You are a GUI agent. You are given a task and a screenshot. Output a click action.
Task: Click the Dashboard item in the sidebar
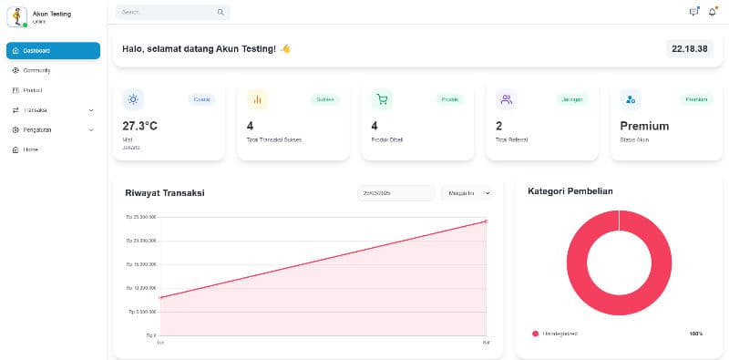53,51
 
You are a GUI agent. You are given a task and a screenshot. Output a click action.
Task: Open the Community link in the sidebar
36,70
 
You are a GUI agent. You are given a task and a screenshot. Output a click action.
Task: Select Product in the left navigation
33,90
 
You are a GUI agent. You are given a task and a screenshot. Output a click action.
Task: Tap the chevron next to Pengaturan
90,130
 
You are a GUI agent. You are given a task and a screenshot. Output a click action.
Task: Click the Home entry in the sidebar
30,149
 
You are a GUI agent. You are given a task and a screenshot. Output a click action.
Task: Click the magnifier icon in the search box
220,13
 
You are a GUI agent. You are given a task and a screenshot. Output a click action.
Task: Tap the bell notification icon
713,12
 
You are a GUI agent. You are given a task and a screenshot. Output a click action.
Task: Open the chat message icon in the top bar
694,12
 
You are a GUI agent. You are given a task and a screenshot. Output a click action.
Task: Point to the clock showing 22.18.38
689,48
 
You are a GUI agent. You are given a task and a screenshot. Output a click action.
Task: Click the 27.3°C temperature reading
139,126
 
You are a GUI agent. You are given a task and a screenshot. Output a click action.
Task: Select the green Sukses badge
324,99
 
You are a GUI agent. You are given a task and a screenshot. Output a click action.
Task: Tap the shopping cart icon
382,99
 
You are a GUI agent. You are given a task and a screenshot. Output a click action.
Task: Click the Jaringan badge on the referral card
572,99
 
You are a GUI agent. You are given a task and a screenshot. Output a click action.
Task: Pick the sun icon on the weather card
133,99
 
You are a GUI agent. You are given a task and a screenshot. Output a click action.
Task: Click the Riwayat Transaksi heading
164,192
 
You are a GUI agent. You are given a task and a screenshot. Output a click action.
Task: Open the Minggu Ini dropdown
467,193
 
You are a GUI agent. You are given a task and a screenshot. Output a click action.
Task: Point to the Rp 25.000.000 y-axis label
141,217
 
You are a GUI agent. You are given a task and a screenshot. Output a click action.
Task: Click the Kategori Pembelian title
570,191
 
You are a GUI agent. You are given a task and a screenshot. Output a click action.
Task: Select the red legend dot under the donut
535,334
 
